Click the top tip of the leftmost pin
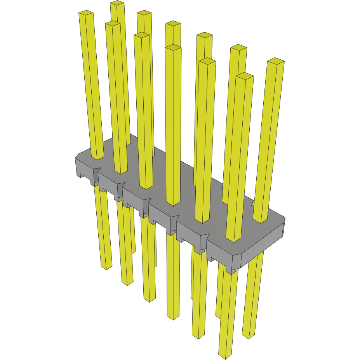pos(86,14)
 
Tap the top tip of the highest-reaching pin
pos(117,3)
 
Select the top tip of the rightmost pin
pos(276,61)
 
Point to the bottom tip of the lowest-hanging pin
pos(225,355)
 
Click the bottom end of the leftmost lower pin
pos(106,267)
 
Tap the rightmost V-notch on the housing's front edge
pos(205,237)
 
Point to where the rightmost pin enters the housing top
pos(260,220)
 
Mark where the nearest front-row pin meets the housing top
pos(233,239)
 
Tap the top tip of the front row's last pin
pos(245,76)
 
